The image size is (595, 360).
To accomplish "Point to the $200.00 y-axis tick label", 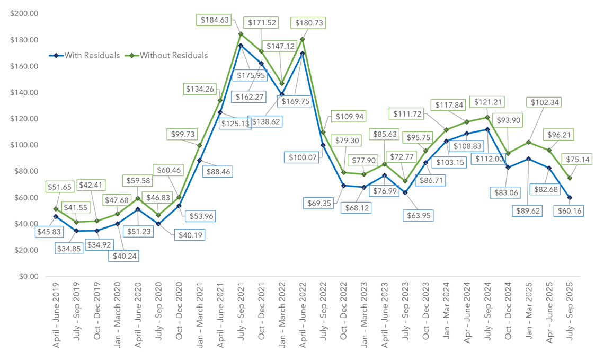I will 24,14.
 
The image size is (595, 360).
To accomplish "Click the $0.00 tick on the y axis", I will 28,277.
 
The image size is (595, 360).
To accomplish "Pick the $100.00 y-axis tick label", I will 24,145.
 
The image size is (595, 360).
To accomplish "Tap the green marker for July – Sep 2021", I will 241,34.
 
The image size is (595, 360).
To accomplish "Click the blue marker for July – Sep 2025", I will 570,198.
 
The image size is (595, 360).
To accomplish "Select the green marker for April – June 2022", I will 303,39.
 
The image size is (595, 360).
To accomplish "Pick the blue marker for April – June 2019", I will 56,216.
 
